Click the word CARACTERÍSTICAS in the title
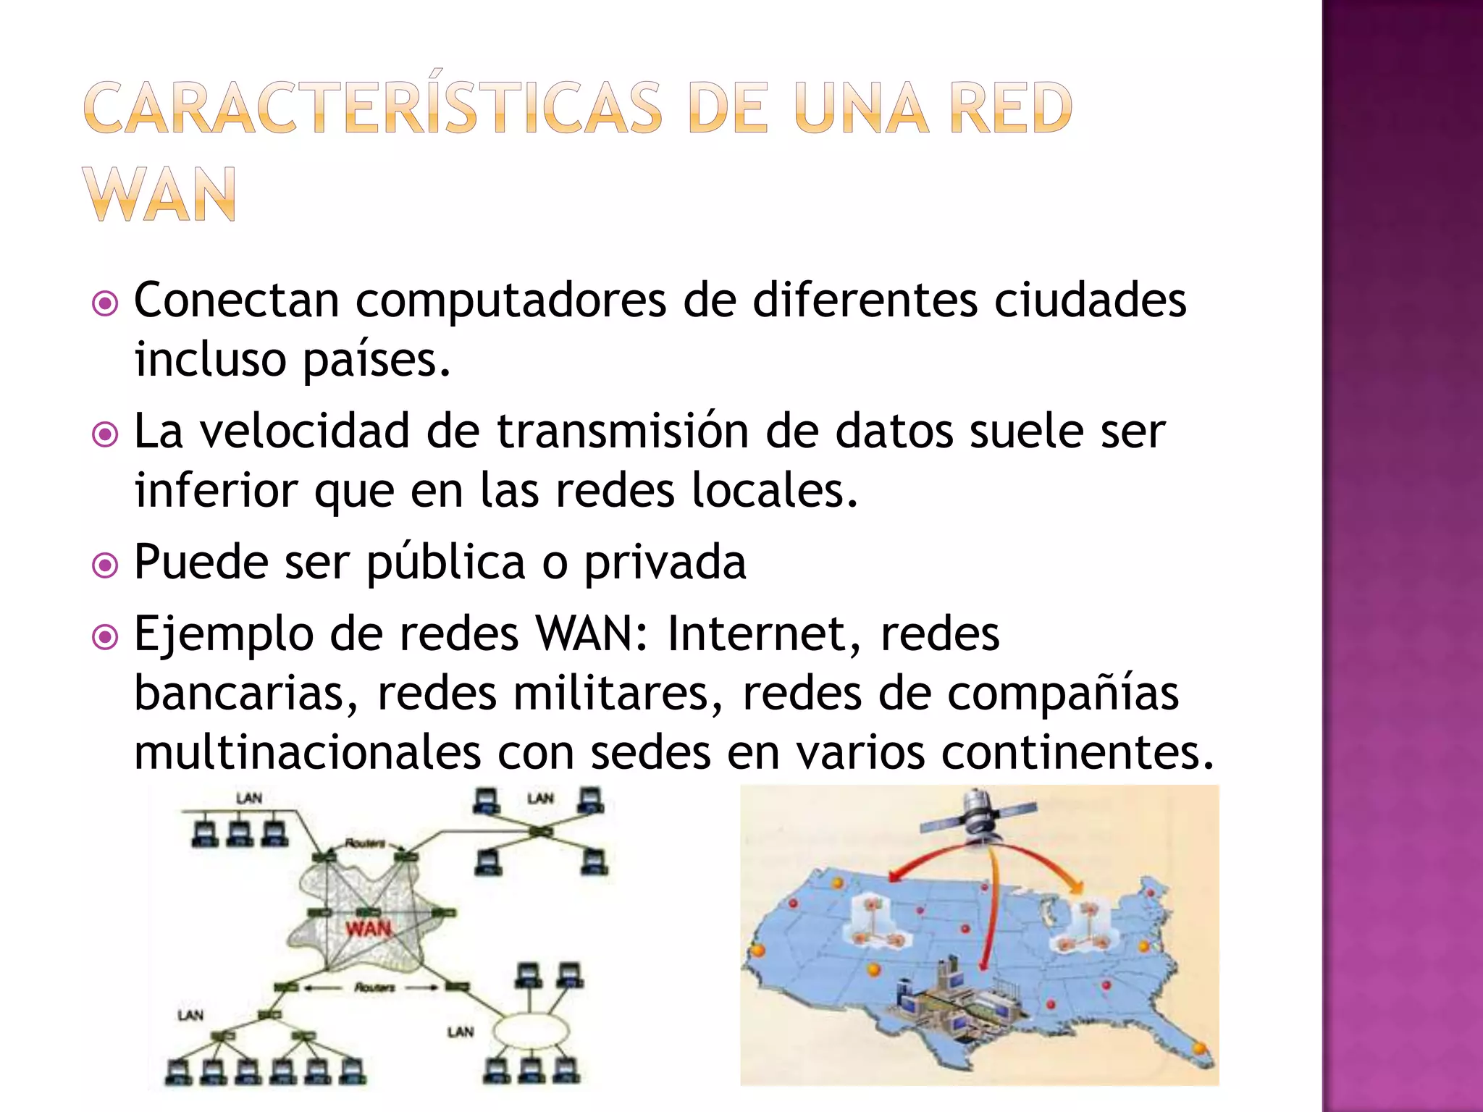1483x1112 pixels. (373, 109)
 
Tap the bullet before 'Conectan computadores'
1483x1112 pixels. (106, 303)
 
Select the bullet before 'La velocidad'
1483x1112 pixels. (106, 434)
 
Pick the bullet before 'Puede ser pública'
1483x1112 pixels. (106, 565)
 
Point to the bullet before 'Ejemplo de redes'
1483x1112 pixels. (106, 637)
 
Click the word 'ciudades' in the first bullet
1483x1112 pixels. (1090, 300)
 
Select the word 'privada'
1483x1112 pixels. (665, 563)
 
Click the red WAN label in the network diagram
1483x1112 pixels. (368, 928)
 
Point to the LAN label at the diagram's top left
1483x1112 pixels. (249, 799)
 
